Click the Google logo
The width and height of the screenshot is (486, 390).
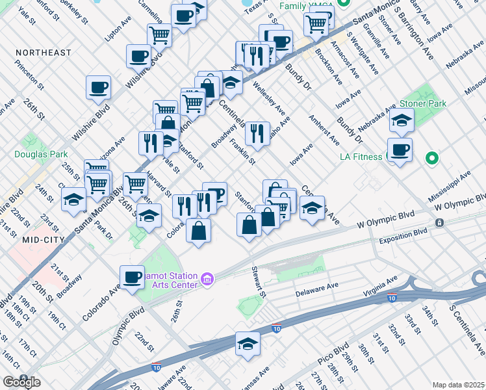coord(21,382)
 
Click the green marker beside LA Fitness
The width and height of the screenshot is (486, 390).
coord(431,158)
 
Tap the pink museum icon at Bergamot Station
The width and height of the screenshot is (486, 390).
coord(207,279)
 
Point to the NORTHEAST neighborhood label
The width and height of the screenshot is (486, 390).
coord(43,52)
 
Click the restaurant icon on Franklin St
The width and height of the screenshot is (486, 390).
coord(257,133)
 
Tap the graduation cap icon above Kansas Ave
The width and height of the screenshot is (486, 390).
coord(248,343)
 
